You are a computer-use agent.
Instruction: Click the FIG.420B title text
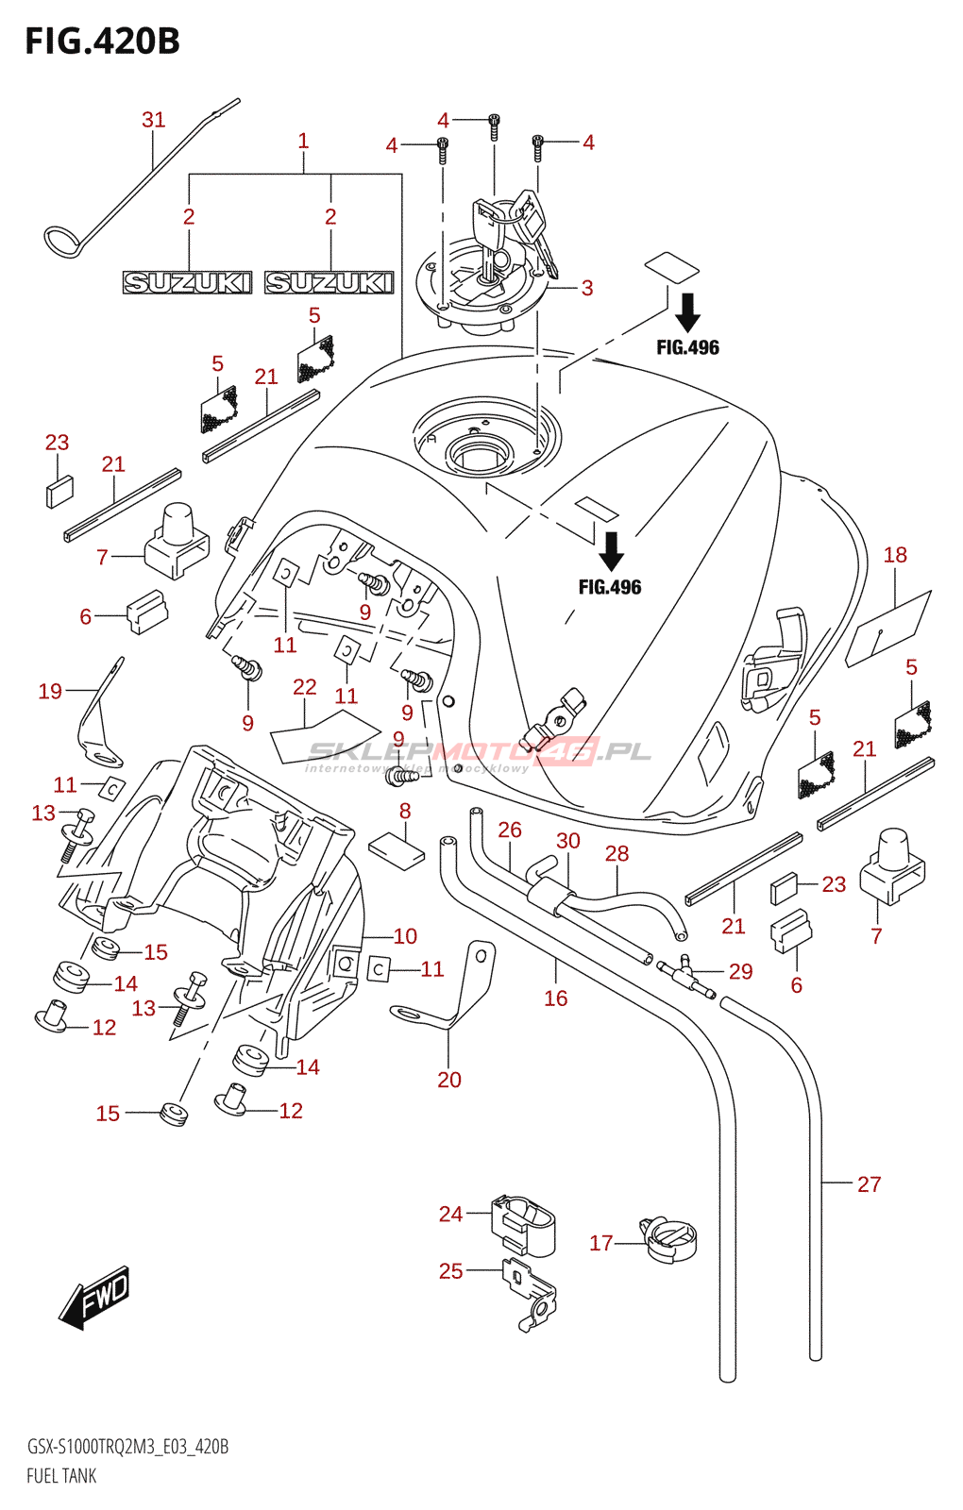[x=102, y=42]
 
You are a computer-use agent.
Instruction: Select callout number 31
[x=153, y=120]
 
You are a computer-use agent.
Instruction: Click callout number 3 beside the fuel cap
[x=587, y=288]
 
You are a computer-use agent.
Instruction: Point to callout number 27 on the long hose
[x=869, y=1184]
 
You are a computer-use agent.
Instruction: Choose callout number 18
[x=894, y=555]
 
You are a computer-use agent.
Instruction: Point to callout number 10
[x=405, y=936]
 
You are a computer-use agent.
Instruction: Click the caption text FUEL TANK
[x=61, y=1476]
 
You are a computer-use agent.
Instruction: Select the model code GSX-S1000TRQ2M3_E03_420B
[x=127, y=1447]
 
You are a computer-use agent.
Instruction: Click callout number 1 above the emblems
[x=303, y=141]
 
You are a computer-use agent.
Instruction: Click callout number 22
[x=304, y=687]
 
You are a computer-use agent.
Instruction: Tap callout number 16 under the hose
[x=555, y=998]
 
